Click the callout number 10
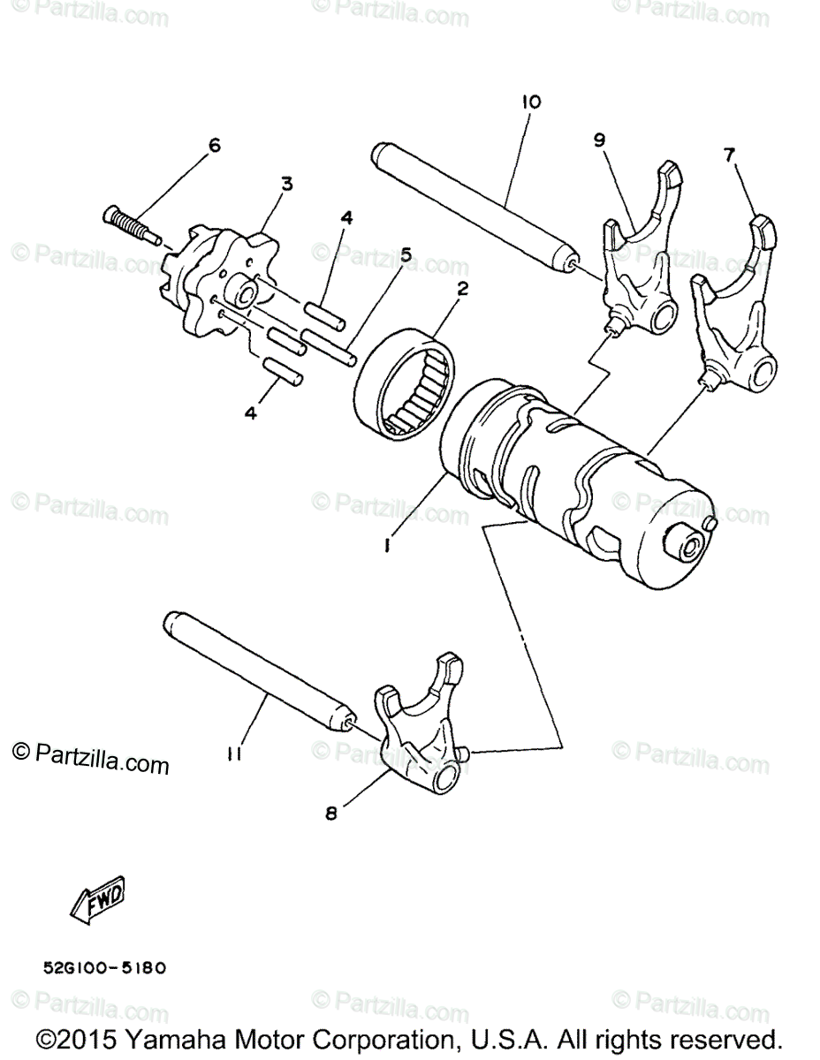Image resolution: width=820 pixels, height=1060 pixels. [x=529, y=102]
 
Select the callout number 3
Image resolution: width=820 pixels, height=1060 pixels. [x=286, y=184]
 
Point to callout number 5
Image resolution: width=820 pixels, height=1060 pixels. [x=406, y=254]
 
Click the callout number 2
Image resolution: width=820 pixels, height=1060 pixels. [x=462, y=288]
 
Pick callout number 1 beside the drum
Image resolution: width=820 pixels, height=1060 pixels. [x=387, y=547]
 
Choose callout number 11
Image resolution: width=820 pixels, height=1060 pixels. [x=233, y=753]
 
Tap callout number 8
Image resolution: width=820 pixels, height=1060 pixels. [x=330, y=814]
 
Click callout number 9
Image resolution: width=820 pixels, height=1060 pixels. [x=599, y=139]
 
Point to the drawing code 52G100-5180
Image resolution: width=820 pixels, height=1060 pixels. [x=104, y=967]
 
